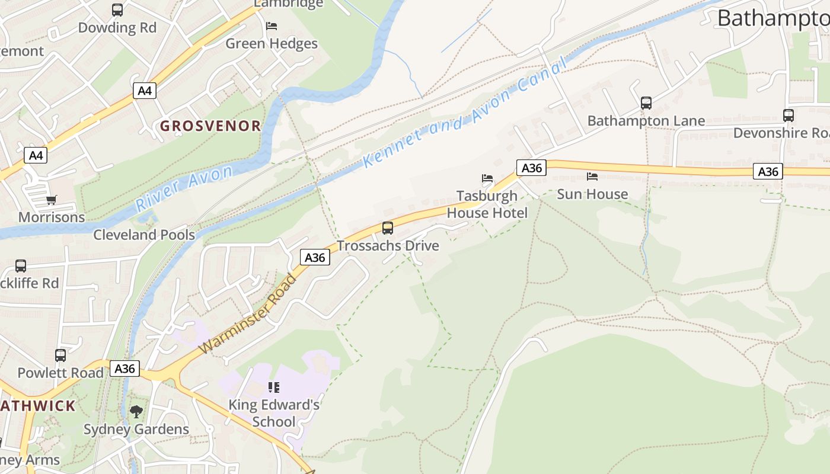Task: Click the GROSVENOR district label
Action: tap(210, 126)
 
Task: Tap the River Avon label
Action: tap(184, 188)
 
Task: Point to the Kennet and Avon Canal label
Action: tap(462, 114)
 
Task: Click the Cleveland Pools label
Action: tap(144, 235)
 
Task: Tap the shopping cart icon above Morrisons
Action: tap(52, 200)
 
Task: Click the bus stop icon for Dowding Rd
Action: tap(117, 10)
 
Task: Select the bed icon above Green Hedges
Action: tap(272, 26)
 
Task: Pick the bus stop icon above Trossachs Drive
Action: tap(388, 228)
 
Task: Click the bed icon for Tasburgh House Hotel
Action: tap(487, 178)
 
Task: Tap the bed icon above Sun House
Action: tap(592, 177)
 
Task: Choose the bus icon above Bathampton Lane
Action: tap(646, 103)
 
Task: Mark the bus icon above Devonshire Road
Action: tap(788, 116)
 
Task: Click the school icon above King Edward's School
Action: tap(274, 387)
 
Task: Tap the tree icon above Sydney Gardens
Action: tap(136, 411)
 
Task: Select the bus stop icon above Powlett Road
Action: tap(60, 355)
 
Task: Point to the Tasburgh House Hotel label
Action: tap(487, 204)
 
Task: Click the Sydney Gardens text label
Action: tap(136, 429)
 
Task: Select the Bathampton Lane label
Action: tap(646, 121)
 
